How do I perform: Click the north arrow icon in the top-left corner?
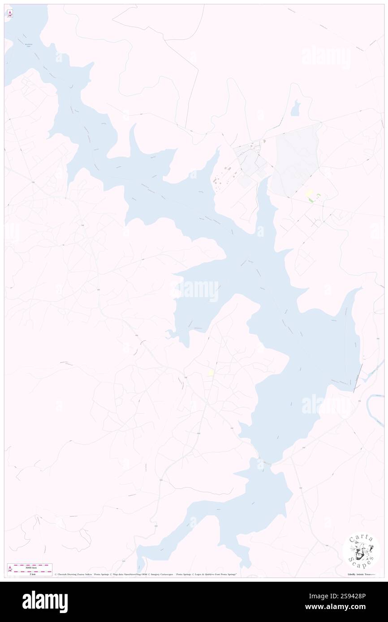point(10,13)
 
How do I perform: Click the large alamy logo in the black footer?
point(45,602)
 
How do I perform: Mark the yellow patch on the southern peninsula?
point(211,373)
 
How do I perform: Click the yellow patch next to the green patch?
point(309,194)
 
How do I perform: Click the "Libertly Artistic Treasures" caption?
point(362,574)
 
